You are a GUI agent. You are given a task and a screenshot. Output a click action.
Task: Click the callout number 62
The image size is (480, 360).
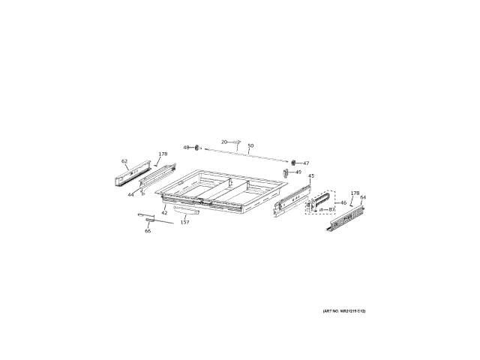[x=124, y=161]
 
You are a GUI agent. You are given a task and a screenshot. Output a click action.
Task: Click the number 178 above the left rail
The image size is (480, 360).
[x=163, y=154]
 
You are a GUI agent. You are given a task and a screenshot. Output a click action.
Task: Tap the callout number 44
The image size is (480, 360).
[x=130, y=194]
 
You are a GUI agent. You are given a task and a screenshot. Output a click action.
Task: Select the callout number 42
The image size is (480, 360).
[x=164, y=212]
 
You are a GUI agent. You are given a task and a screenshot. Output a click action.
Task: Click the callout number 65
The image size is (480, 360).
[x=148, y=231]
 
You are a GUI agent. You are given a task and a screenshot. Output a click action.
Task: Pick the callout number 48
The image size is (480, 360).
[x=187, y=147]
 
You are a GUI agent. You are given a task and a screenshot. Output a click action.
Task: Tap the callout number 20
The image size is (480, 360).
[x=223, y=141]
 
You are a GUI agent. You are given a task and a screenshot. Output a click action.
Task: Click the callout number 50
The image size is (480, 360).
[x=250, y=145]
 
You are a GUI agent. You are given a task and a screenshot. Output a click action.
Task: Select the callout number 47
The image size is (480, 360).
[x=305, y=163]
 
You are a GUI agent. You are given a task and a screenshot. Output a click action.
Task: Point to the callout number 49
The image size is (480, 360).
[x=298, y=172]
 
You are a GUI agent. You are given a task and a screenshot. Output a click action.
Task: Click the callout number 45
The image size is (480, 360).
[x=311, y=176]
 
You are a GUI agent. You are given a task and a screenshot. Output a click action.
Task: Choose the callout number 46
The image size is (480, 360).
[x=343, y=202]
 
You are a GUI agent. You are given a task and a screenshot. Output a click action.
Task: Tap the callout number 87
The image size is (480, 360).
[x=331, y=209]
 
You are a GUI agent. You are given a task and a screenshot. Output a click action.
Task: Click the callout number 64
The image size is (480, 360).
[x=363, y=198]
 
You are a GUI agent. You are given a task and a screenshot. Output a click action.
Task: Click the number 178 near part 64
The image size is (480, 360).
[x=355, y=193]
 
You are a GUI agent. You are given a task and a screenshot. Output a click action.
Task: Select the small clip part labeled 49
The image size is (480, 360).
[x=286, y=172]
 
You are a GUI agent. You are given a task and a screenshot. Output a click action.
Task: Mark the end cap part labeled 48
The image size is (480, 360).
[x=196, y=147]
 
